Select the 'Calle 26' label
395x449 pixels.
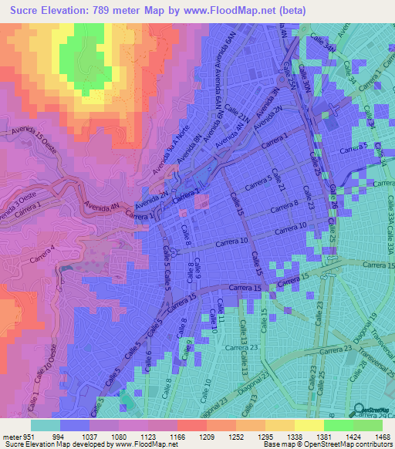(333, 203)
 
